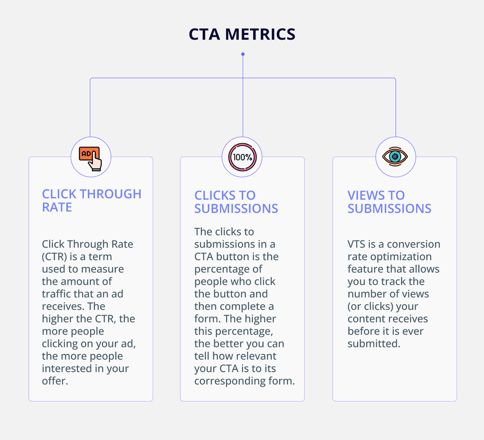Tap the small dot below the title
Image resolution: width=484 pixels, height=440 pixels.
[x=242, y=54]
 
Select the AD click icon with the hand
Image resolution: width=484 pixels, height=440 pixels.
[x=91, y=157]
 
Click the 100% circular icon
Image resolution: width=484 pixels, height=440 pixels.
[x=242, y=157]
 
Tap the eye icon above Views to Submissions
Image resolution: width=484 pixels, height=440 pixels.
[x=395, y=157]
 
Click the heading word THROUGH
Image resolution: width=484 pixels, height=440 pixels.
[x=111, y=194]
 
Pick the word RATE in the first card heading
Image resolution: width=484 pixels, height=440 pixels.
[x=57, y=207]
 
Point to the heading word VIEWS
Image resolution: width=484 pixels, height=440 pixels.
[x=368, y=195]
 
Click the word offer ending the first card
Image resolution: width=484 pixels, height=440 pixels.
[x=55, y=381]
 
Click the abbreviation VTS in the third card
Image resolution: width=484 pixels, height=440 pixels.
[x=357, y=244]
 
